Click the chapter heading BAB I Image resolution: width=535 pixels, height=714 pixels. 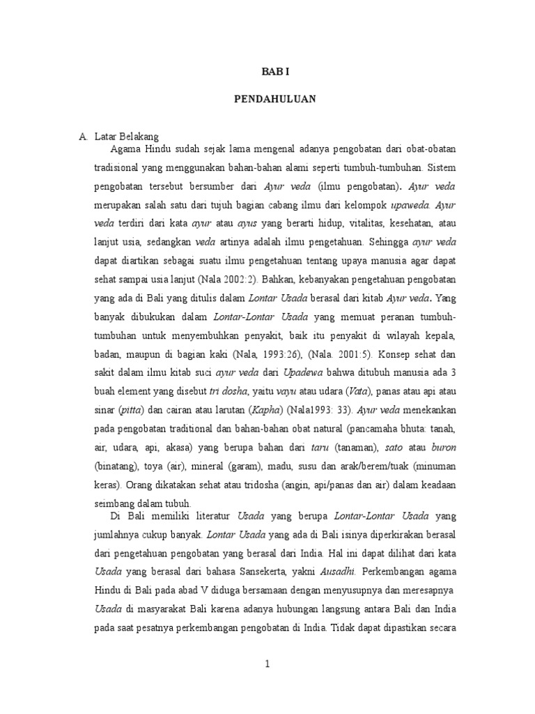tap(274, 71)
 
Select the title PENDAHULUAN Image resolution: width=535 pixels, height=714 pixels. tap(274, 100)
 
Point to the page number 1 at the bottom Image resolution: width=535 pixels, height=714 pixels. tap(267, 664)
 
